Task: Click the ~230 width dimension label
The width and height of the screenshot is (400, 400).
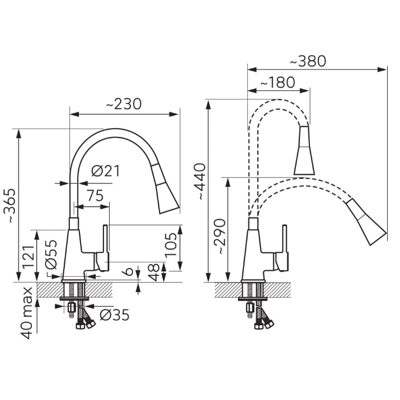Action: [124, 104]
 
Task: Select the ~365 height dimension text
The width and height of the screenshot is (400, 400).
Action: [12, 206]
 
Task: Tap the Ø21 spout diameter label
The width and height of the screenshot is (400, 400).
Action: [105, 171]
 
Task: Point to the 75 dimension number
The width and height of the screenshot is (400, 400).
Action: [95, 195]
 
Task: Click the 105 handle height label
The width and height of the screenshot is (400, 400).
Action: [171, 244]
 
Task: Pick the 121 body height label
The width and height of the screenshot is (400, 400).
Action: [28, 256]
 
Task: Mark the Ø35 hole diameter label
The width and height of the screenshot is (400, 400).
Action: [115, 315]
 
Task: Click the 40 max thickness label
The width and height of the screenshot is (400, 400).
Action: [26, 313]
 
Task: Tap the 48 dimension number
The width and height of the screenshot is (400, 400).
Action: [154, 272]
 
